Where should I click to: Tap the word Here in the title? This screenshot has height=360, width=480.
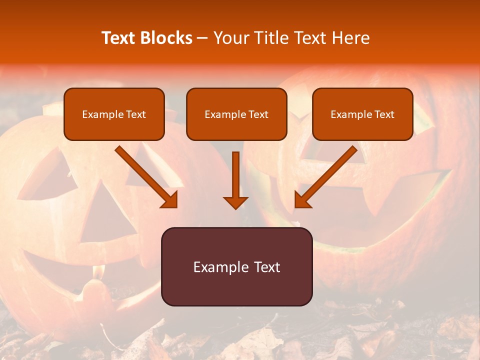pos(350,38)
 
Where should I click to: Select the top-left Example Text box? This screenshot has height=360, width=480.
pos(114,114)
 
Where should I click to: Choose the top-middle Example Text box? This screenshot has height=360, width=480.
pos(236,114)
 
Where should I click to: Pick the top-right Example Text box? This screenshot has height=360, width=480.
pos(362,114)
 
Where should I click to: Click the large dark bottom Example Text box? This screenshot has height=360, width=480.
pos(236,267)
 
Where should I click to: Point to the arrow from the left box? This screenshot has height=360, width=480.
pos(145,176)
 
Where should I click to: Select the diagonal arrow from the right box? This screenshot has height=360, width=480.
pos(327,176)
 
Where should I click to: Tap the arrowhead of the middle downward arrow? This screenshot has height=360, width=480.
pos(235,202)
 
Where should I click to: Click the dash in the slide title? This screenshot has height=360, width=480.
pos(202,38)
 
